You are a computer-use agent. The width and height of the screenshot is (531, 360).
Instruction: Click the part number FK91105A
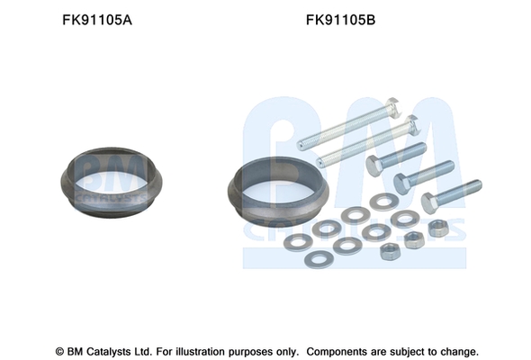click(97, 20)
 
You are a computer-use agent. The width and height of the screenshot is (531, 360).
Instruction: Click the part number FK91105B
click(341, 20)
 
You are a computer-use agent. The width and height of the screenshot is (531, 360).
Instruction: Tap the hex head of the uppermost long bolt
click(393, 108)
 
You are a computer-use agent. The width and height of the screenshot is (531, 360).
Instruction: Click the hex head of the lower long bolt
click(412, 125)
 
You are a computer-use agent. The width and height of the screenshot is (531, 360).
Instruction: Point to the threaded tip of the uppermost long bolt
click(301, 145)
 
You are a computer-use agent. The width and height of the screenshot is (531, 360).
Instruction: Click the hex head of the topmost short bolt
click(373, 166)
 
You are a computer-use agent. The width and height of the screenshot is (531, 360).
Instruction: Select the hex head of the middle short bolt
click(401, 184)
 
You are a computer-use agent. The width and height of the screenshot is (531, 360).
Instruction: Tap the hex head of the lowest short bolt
click(429, 203)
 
